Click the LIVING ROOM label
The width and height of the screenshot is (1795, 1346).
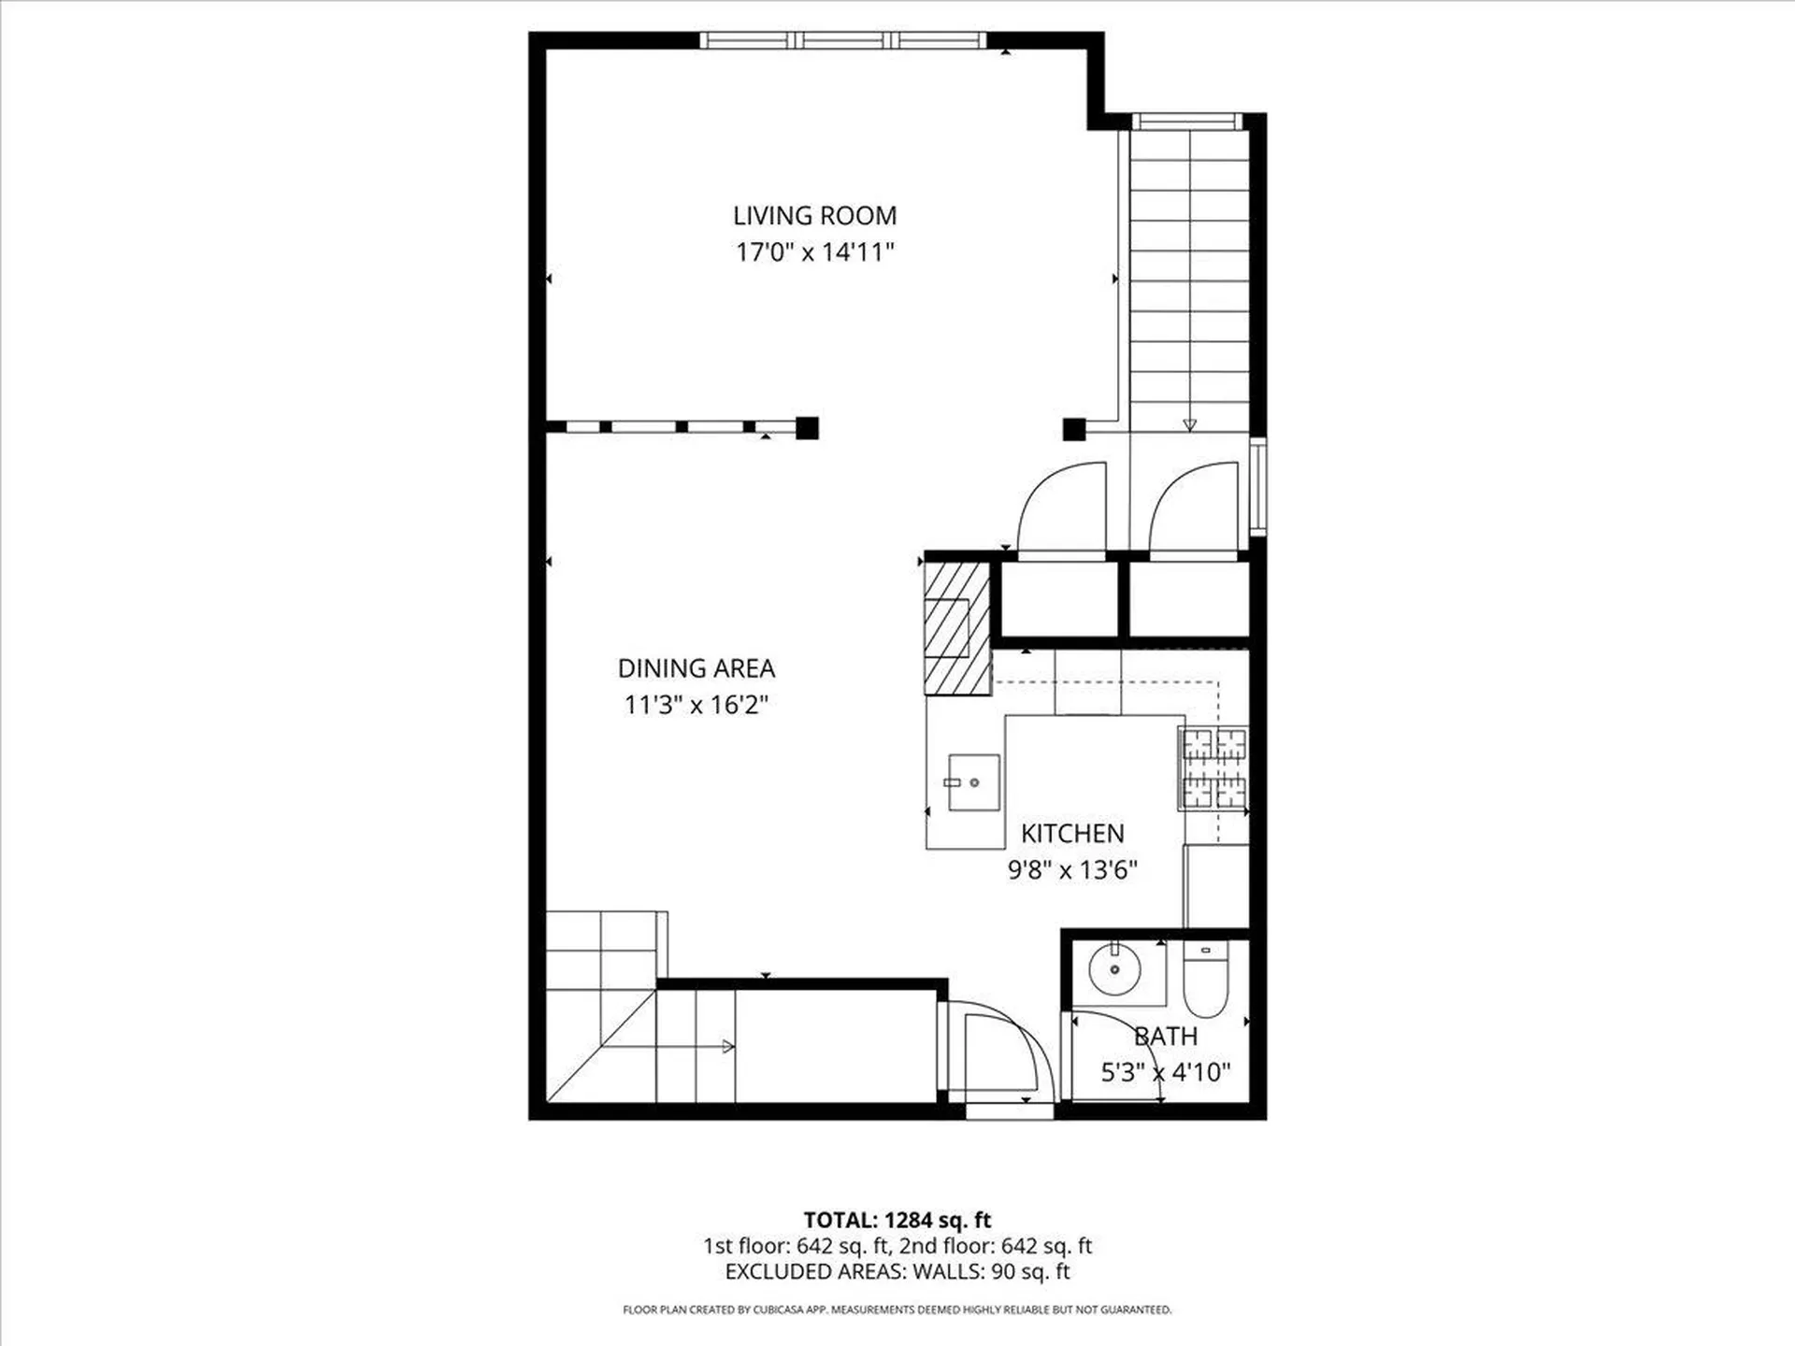[x=814, y=216]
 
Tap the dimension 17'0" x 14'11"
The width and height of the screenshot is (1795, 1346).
[x=814, y=252]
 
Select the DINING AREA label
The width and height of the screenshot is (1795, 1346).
[x=696, y=668]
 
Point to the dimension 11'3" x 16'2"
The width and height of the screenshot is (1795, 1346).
[x=696, y=705]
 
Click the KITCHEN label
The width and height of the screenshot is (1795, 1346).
[x=1072, y=834]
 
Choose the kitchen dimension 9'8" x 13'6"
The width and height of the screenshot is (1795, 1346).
[x=1072, y=870]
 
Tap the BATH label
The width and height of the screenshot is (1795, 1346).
[x=1166, y=1037]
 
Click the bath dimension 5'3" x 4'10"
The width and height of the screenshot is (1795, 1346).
[x=1166, y=1072]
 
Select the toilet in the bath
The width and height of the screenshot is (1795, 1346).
[x=1205, y=981]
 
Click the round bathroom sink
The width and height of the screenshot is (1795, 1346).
[x=1114, y=970]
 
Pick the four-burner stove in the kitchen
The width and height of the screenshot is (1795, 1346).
[x=1214, y=768]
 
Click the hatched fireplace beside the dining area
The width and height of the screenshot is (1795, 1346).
[x=956, y=628]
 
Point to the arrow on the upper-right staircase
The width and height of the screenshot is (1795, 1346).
[x=1189, y=424]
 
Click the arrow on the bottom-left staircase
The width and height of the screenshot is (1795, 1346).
[x=726, y=1047]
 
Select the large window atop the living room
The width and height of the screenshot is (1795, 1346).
[x=843, y=40]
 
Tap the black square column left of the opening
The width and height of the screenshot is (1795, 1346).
[x=807, y=428]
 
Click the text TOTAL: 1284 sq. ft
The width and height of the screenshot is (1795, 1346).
[x=897, y=1220]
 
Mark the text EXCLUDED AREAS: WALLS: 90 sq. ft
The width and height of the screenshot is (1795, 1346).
[x=897, y=1271]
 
